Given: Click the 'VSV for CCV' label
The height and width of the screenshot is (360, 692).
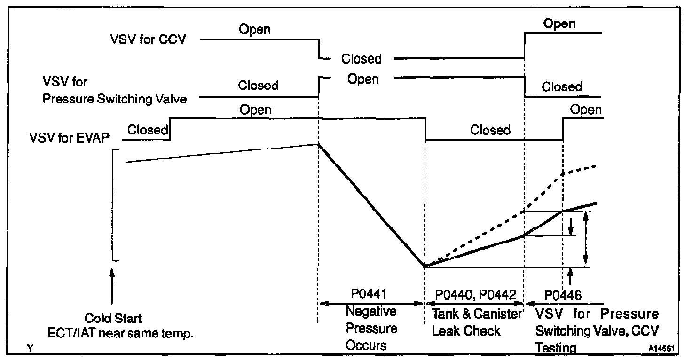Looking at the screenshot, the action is click(x=148, y=39).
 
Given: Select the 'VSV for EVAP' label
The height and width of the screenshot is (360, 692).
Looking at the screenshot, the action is click(x=69, y=138).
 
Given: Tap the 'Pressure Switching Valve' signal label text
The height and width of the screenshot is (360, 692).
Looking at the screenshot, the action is click(x=115, y=99).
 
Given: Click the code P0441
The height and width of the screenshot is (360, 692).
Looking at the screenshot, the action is click(x=369, y=294).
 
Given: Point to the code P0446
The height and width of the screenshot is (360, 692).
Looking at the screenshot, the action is click(x=563, y=296).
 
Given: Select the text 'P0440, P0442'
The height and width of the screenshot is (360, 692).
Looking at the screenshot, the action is click(x=475, y=295).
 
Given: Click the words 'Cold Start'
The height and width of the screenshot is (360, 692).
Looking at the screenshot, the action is click(x=113, y=318).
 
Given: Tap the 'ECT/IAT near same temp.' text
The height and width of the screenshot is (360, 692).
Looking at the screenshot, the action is click(x=120, y=333).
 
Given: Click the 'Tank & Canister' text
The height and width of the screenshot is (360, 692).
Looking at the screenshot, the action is click(x=476, y=314).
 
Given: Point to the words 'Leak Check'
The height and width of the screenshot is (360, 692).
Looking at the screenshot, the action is click(x=465, y=331).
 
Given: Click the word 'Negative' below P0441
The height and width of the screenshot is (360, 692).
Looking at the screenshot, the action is click(x=371, y=311).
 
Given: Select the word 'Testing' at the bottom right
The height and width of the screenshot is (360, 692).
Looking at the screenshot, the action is click(x=556, y=348).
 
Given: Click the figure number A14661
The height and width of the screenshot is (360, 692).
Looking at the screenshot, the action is click(x=661, y=348).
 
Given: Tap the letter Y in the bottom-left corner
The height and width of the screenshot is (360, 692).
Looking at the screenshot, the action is click(x=30, y=348).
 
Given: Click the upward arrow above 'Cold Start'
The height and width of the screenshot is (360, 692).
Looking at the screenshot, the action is click(x=112, y=286).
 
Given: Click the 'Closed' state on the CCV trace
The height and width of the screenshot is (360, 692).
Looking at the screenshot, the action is click(x=362, y=59).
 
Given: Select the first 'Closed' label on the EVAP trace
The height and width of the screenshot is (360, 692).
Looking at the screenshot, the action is click(x=147, y=130).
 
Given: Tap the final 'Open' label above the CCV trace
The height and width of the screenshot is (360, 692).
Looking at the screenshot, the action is click(x=559, y=24).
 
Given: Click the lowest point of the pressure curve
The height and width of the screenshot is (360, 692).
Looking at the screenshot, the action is click(x=425, y=266).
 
